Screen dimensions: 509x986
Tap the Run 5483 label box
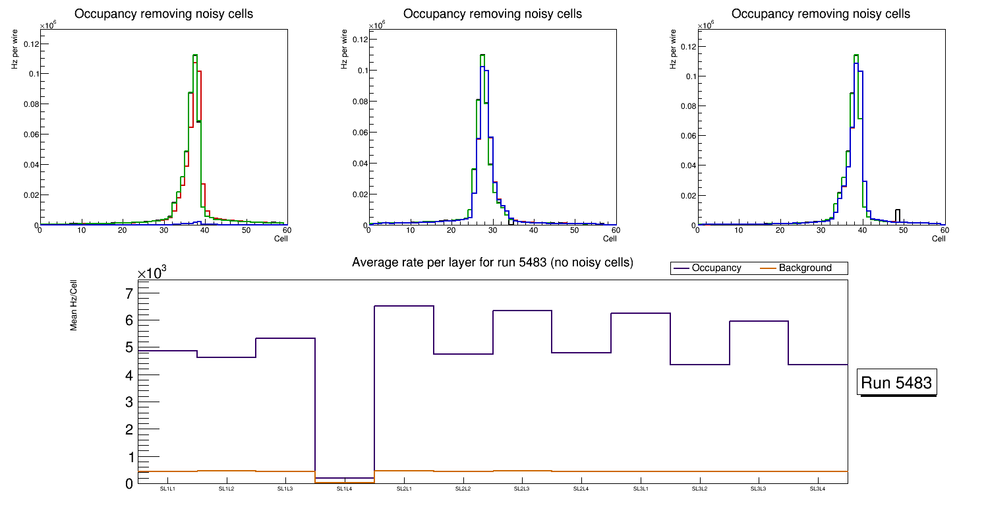(x=897, y=383)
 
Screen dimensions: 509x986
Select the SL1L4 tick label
(x=344, y=489)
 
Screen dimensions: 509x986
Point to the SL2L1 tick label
(x=403, y=489)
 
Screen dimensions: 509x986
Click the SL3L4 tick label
(x=817, y=489)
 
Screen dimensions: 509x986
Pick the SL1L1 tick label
(x=167, y=489)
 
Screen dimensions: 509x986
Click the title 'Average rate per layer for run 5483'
(x=492, y=262)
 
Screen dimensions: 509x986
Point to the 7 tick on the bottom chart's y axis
(x=129, y=293)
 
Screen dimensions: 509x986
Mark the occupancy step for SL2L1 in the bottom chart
(x=403, y=306)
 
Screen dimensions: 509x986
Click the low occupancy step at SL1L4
(x=344, y=478)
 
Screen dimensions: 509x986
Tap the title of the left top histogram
(x=163, y=14)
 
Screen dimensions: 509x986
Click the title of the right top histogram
(x=821, y=14)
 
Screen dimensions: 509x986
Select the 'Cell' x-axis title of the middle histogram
(x=609, y=238)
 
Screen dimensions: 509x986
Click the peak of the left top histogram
(x=195, y=55)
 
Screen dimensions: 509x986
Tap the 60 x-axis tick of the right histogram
(x=944, y=230)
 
